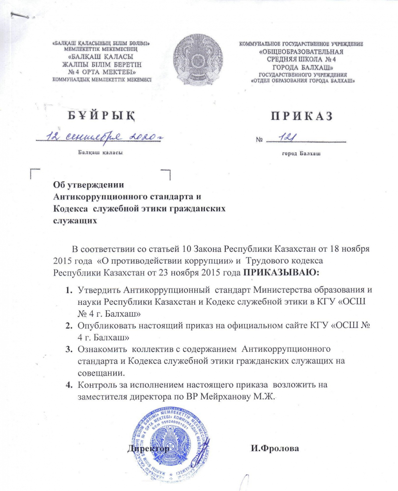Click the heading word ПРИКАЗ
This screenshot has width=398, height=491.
301,116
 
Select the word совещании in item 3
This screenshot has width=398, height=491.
94,373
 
